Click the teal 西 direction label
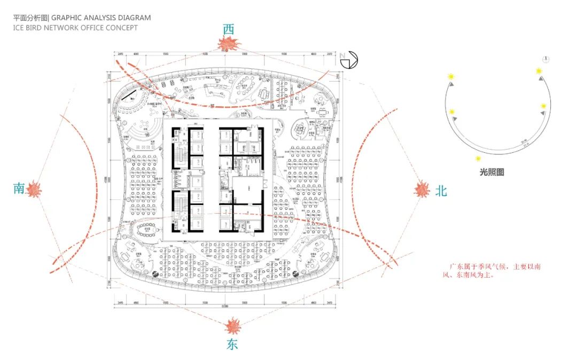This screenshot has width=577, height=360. pyautogui.click(x=229, y=29)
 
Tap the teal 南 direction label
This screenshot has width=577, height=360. pyautogui.click(x=19, y=188)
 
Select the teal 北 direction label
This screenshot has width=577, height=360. pyautogui.click(x=441, y=191)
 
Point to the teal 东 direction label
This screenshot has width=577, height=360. pyautogui.click(x=232, y=344)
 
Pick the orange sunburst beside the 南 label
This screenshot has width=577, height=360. pyautogui.click(x=35, y=189)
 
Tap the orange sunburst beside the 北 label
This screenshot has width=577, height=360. pyautogui.click(x=423, y=189)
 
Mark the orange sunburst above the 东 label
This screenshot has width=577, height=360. pyautogui.click(x=232, y=325)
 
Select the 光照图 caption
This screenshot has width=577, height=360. pyautogui.click(x=492, y=173)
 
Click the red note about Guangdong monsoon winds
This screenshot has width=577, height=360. pyautogui.click(x=494, y=271)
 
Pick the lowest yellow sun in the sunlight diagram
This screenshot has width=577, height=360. pyautogui.click(x=478, y=159)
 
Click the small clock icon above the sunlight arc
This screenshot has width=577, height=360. pyautogui.click(x=547, y=59)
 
